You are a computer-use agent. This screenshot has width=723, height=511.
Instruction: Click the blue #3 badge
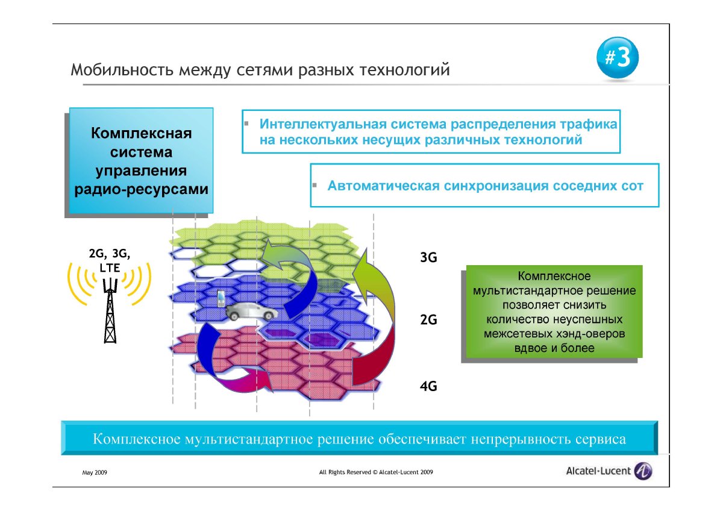pyautogui.click(x=617, y=57)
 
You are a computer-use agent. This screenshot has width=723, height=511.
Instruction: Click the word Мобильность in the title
pyautogui.click(x=122, y=70)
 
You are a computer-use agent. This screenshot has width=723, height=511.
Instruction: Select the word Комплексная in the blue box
pyautogui.click(x=142, y=133)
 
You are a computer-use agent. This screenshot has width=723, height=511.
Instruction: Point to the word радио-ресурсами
pyautogui.click(x=142, y=189)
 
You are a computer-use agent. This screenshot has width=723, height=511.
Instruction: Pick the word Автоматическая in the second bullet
pyautogui.click(x=383, y=186)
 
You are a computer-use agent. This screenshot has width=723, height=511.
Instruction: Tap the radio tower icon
pyautogui.click(x=110, y=311)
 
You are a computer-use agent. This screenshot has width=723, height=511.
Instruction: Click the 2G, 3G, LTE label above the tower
pyautogui.click(x=110, y=260)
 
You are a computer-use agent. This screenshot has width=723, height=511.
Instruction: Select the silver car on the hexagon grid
pyautogui.click(x=251, y=312)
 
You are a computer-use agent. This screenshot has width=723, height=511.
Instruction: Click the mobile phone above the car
pyautogui.click(x=221, y=299)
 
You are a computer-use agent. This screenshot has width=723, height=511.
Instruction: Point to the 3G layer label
pyautogui.click(x=428, y=257)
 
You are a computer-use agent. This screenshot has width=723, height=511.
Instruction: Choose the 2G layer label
pyautogui.click(x=428, y=320)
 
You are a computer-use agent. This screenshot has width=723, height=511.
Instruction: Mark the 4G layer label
pyautogui.click(x=428, y=386)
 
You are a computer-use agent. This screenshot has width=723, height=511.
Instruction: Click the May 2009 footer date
pyautogui.click(x=95, y=472)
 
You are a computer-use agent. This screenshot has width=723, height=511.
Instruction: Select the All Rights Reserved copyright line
pyautogui.click(x=376, y=472)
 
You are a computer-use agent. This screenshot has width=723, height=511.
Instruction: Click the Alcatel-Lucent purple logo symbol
pyautogui.click(x=643, y=471)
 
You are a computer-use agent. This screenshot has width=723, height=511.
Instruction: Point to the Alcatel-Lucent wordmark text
pyautogui.click(x=598, y=471)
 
